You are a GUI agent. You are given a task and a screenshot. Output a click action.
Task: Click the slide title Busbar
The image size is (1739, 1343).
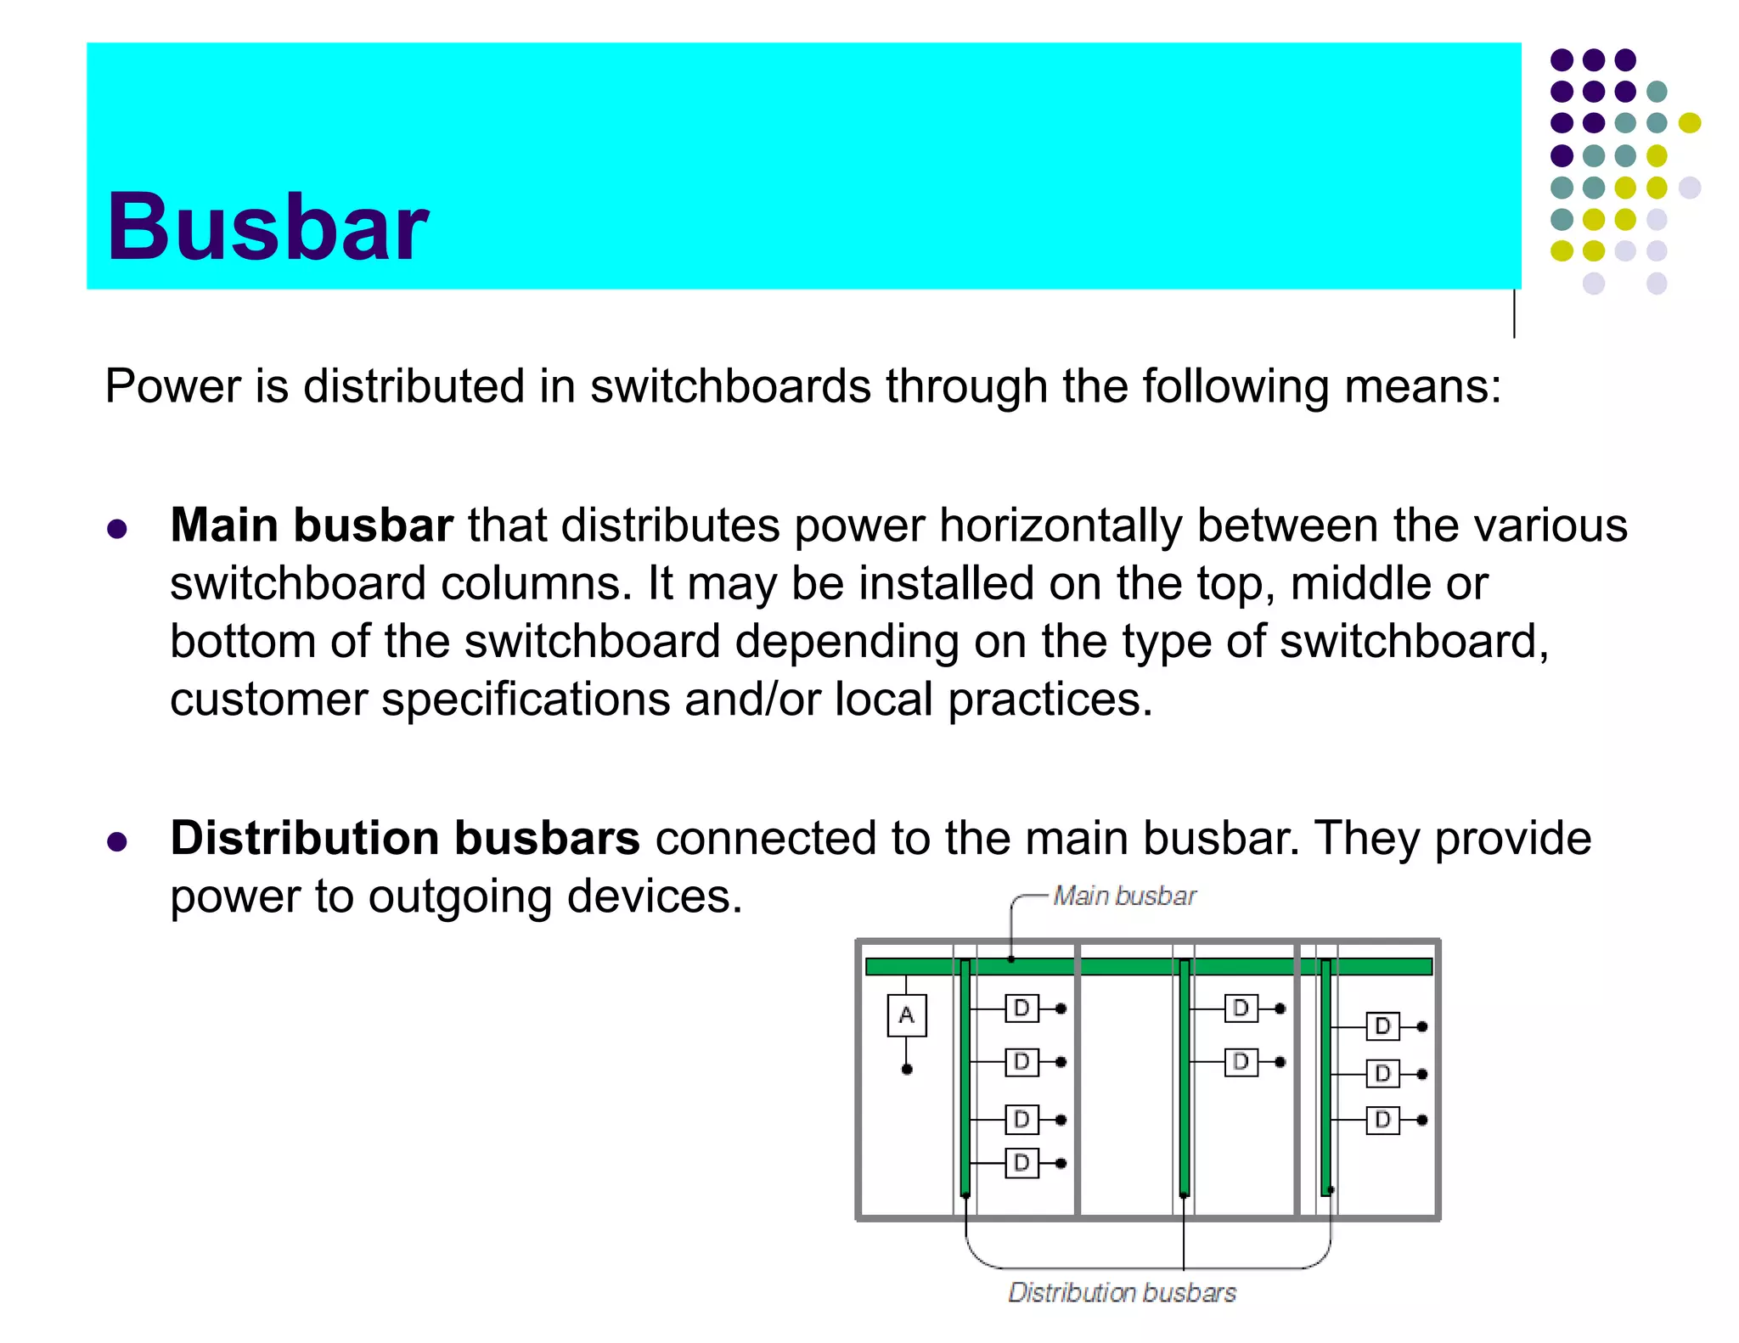pyautogui.click(x=267, y=227)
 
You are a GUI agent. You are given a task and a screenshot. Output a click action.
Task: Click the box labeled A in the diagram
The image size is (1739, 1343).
pyautogui.click(x=906, y=1015)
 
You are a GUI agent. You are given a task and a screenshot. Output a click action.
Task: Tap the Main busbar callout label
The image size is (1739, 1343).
pyautogui.click(x=1123, y=896)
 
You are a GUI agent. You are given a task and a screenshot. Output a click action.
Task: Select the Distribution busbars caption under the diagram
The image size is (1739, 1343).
pyautogui.click(x=1122, y=1292)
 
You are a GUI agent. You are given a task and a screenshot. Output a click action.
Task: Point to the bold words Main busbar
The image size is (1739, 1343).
pyautogui.click(x=311, y=525)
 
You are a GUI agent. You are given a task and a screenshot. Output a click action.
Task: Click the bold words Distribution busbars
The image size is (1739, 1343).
pyautogui.click(x=405, y=838)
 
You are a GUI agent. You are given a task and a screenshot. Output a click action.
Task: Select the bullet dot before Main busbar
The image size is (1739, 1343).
pyautogui.click(x=117, y=530)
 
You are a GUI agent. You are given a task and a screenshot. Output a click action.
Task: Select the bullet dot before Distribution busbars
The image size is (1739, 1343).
pyautogui.click(x=117, y=842)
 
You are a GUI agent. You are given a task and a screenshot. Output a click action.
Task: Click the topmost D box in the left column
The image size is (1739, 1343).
pyautogui.click(x=1021, y=1009)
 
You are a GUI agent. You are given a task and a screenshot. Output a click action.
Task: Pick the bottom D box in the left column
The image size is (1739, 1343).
pyautogui.click(x=1021, y=1163)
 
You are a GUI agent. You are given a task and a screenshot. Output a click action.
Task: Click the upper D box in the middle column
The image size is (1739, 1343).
pyautogui.click(x=1241, y=1009)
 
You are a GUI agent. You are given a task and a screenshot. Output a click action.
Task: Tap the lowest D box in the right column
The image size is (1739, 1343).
pyautogui.click(x=1382, y=1120)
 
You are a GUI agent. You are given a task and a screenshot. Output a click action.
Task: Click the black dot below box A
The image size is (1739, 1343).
pyautogui.click(x=907, y=1069)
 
